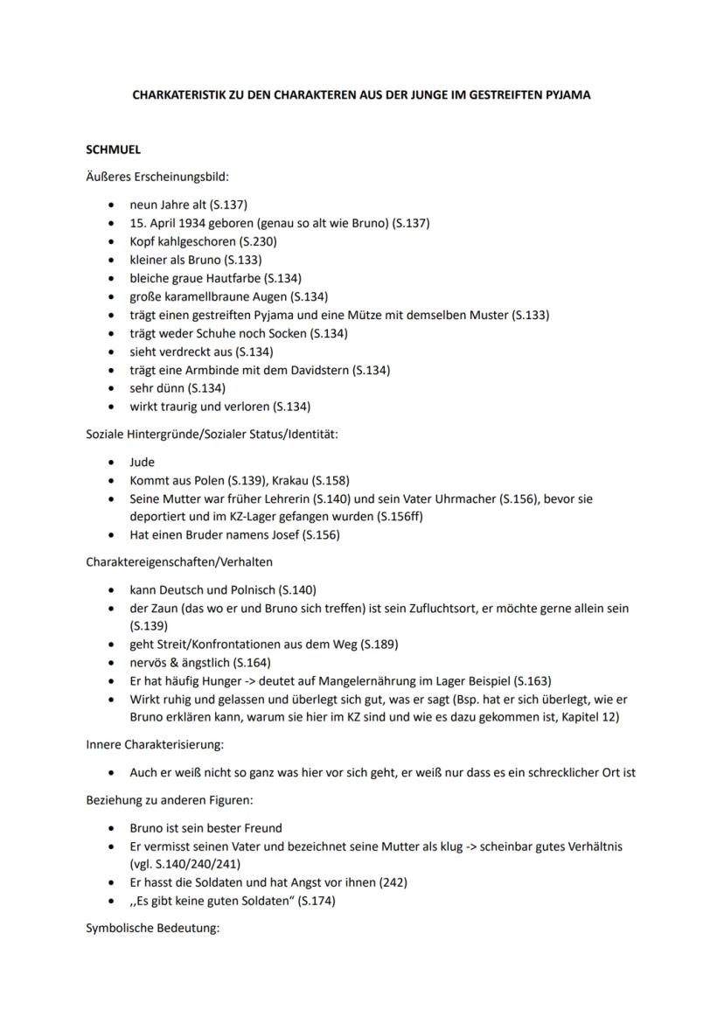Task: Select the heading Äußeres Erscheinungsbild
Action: pyautogui.click(x=157, y=177)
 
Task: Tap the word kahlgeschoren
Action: pyautogui.click(x=196, y=241)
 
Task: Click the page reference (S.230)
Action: pyautogui.click(x=255, y=241)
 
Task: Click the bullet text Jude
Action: pyautogui.click(x=142, y=462)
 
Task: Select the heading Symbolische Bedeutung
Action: pyautogui.click(x=152, y=928)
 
